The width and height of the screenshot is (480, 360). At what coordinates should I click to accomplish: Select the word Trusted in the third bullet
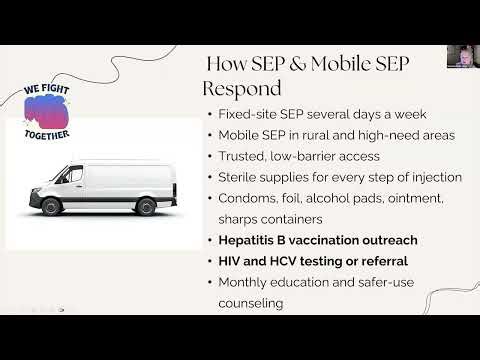(x=245, y=156)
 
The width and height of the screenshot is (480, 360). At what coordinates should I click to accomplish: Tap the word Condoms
(x=250, y=198)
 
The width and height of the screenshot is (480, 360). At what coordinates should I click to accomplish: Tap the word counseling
(x=253, y=302)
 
